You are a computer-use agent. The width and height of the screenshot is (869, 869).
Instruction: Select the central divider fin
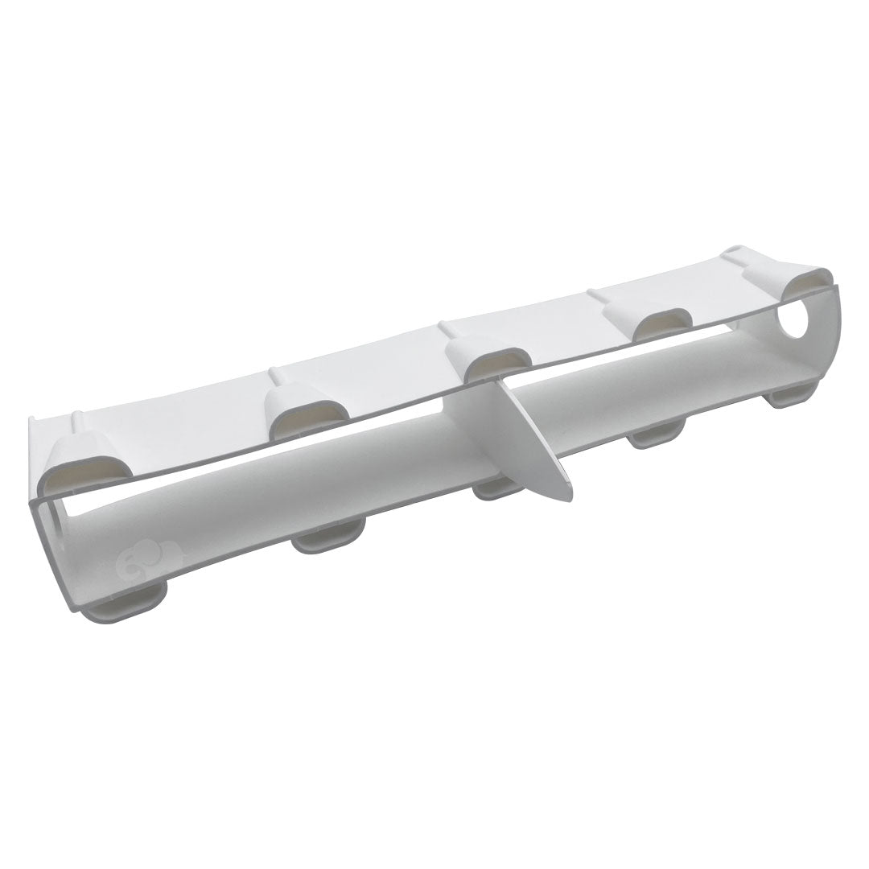pos(534,434)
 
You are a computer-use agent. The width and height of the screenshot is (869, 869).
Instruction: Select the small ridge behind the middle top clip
pos(444,327)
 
